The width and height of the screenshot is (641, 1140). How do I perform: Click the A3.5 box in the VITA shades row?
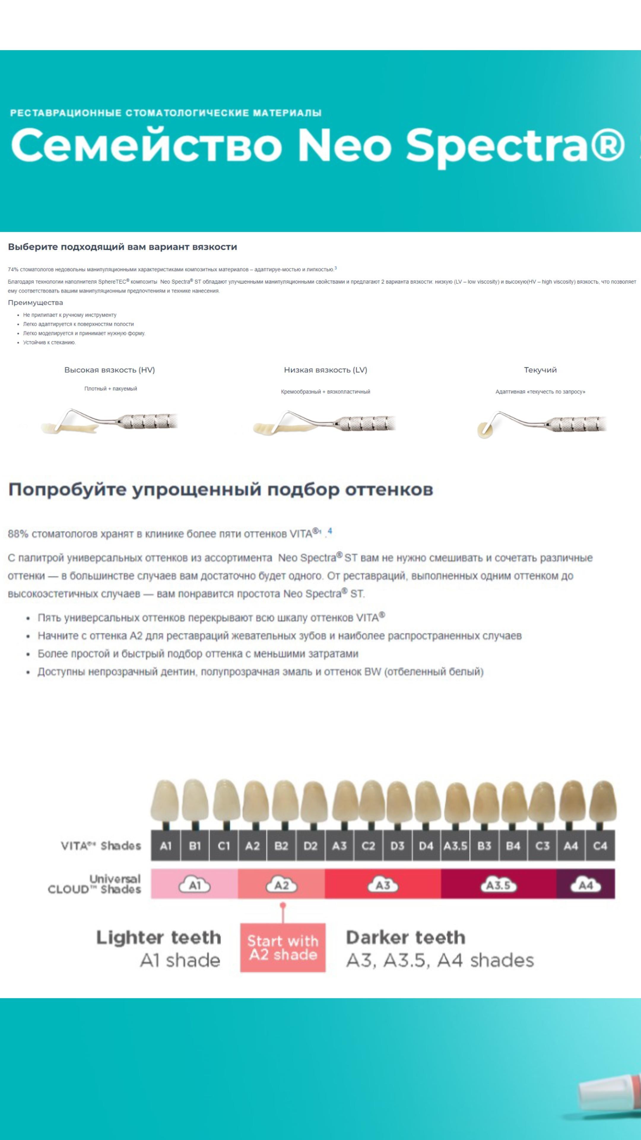[455, 846]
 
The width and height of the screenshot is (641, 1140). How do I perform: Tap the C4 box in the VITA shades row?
[600, 846]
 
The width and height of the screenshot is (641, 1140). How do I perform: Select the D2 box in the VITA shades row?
[310, 846]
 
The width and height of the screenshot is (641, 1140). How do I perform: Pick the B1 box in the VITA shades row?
[195, 846]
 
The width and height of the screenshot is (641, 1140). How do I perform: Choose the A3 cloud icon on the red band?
[383, 886]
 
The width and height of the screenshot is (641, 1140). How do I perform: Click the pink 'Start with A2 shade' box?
[283, 948]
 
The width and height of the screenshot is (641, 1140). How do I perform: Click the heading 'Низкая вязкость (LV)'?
[326, 370]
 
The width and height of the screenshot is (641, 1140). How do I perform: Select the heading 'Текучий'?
[540, 370]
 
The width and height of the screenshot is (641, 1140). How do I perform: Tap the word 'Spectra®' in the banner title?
[515, 145]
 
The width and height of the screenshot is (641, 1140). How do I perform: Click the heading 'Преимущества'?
[35, 303]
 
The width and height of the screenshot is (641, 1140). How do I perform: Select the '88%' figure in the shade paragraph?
[18, 534]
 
